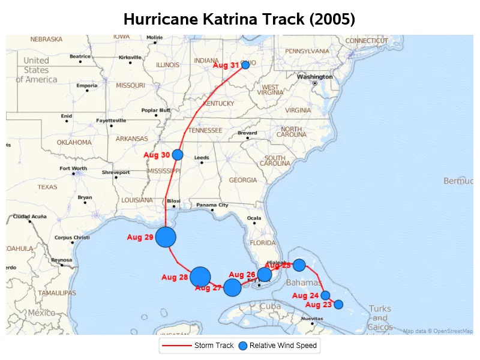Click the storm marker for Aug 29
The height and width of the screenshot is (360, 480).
coord(166,237)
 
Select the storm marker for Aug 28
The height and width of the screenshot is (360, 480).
coord(200,277)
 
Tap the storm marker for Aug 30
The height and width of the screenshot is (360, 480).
coord(178,155)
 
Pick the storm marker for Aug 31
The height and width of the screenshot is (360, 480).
coord(245,65)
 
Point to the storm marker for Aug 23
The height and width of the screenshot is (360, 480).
coord(338,304)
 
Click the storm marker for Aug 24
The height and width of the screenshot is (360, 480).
coord(325,295)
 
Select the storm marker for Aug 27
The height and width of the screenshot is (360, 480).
coord(233,287)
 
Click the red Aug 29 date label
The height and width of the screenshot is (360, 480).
coord(140,238)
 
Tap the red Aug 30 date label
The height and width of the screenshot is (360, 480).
coord(157,155)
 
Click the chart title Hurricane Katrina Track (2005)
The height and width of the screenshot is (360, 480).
coord(239,19)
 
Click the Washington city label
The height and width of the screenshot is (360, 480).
coord(315,77)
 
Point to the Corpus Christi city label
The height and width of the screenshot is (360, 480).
coord(72,238)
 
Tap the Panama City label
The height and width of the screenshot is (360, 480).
coord(212,205)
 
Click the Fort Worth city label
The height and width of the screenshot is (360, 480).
coord(73,169)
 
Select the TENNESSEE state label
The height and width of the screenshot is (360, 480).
coord(206,130)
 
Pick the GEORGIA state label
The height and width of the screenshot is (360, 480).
coord(243,180)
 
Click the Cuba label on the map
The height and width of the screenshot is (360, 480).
coord(270,306)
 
